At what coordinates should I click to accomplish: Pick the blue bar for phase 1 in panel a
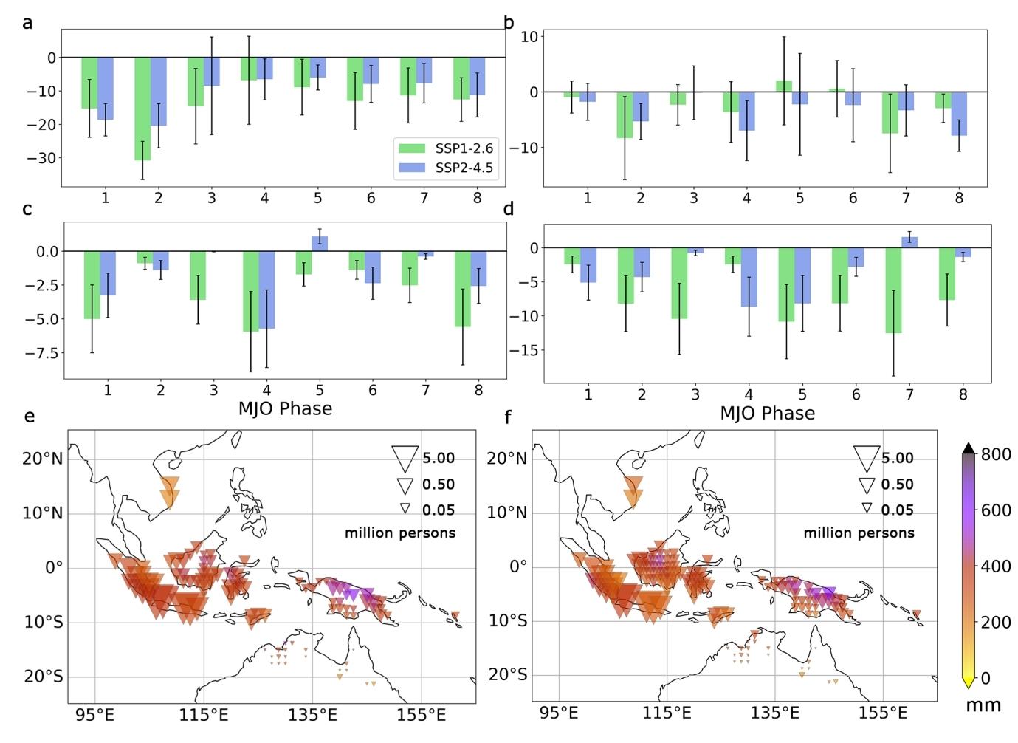click(x=106, y=88)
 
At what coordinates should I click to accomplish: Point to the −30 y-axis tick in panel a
click(x=42, y=158)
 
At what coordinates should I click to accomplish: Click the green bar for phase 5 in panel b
click(x=784, y=86)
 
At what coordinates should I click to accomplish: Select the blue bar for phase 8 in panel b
click(x=959, y=114)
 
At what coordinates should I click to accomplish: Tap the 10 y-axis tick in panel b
click(x=530, y=36)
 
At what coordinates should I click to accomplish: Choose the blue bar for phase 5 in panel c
click(x=320, y=244)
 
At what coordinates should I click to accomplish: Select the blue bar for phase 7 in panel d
click(x=909, y=242)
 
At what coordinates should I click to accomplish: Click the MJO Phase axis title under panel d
click(x=767, y=414)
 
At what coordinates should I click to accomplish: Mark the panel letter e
click(x=30, y=417)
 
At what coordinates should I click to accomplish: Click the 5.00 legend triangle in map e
click(x=405, y=458)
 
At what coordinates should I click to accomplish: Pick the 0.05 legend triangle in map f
click(x=867, y=508)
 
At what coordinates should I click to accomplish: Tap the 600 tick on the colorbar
click(x=995, y=510)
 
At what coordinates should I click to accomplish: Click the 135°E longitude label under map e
click(x=317, y=715)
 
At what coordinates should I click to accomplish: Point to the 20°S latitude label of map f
click(x=508, y=675)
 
